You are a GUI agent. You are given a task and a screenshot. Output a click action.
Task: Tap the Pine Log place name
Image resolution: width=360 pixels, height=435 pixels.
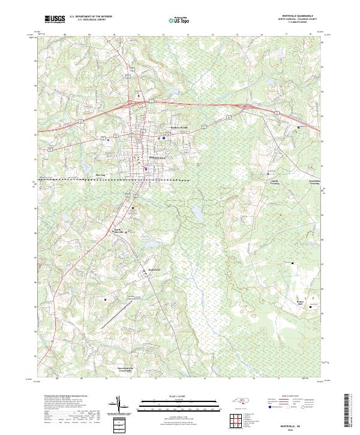click(x=100, y=175)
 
